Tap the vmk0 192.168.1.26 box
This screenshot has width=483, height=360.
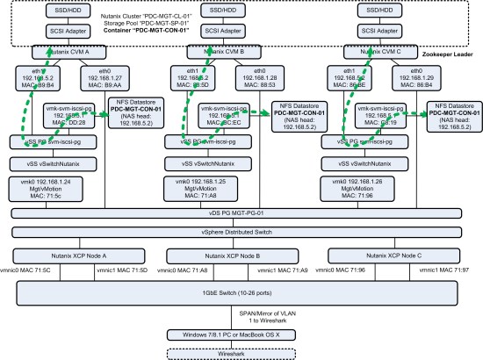[x=371, y=187]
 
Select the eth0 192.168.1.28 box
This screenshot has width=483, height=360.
[x=263, y=81]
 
